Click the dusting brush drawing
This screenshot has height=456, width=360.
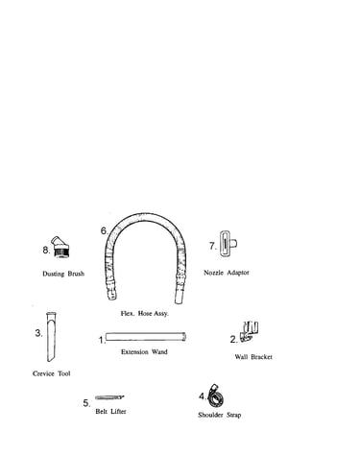(x=61, y=247)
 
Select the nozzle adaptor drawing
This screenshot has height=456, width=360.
(x=228, y=244)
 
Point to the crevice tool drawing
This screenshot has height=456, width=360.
(x=51, y=337)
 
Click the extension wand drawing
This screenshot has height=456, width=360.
(x=146, y=337)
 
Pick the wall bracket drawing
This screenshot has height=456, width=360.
(x=250, y=331)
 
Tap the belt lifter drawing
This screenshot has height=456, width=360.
(x=109, y=397)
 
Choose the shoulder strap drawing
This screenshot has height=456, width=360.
(x=215, y=396)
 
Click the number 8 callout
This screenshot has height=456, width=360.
(x=46, y=251)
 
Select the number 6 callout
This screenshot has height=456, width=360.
(x=105, y=230)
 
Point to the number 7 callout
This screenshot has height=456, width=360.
(x=213, y=246)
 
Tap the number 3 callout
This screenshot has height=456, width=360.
(x=38, y=333)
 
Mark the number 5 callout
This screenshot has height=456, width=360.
(x=86, y=403)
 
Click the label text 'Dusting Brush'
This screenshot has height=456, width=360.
(x=63, y=274)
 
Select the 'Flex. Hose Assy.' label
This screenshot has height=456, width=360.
(x=144, y=313)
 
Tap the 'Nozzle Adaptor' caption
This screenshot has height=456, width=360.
(x=227, y=273)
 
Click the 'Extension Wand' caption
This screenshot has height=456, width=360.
(x=144, y=351)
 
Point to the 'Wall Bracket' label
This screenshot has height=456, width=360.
(x=253, y=357)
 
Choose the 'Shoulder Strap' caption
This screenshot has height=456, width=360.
(x=220, y=415)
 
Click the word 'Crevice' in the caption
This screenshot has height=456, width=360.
(x=43, y=373)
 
